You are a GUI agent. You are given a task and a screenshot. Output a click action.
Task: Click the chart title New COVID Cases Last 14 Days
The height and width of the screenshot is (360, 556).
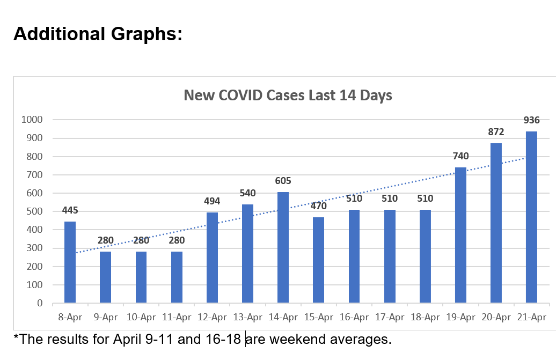point(288,95)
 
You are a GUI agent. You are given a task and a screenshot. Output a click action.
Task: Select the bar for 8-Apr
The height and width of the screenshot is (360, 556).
point(70,262)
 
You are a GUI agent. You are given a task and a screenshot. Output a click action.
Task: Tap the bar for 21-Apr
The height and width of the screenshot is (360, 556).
point(531,217)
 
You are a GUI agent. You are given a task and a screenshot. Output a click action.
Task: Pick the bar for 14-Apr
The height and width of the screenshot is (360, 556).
point(283,247)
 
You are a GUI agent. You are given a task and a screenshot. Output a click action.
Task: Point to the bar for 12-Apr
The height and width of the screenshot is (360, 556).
point(212,258)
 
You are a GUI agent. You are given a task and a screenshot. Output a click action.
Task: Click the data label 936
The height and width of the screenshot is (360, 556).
point(531,120)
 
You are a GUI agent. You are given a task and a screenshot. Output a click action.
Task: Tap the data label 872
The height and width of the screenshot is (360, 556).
point(496,132)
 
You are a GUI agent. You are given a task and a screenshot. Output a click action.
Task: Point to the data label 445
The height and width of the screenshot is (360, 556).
point(70,210)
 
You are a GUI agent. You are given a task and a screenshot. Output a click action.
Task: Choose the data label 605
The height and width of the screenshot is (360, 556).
point(283,181)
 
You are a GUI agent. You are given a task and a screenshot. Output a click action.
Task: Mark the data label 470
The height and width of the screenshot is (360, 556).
point(318,205)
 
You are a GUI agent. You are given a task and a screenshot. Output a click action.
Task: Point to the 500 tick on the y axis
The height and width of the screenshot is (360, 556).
point(35,211)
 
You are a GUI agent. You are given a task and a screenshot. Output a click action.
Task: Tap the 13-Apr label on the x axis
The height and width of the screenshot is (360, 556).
point(247,317)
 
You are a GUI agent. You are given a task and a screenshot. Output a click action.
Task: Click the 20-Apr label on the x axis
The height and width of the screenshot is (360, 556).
point(496,317)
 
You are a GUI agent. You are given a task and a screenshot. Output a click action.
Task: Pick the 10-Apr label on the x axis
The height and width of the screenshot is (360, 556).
point(141,317)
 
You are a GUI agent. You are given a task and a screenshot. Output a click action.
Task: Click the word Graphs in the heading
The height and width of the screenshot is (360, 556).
point(143,34)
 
